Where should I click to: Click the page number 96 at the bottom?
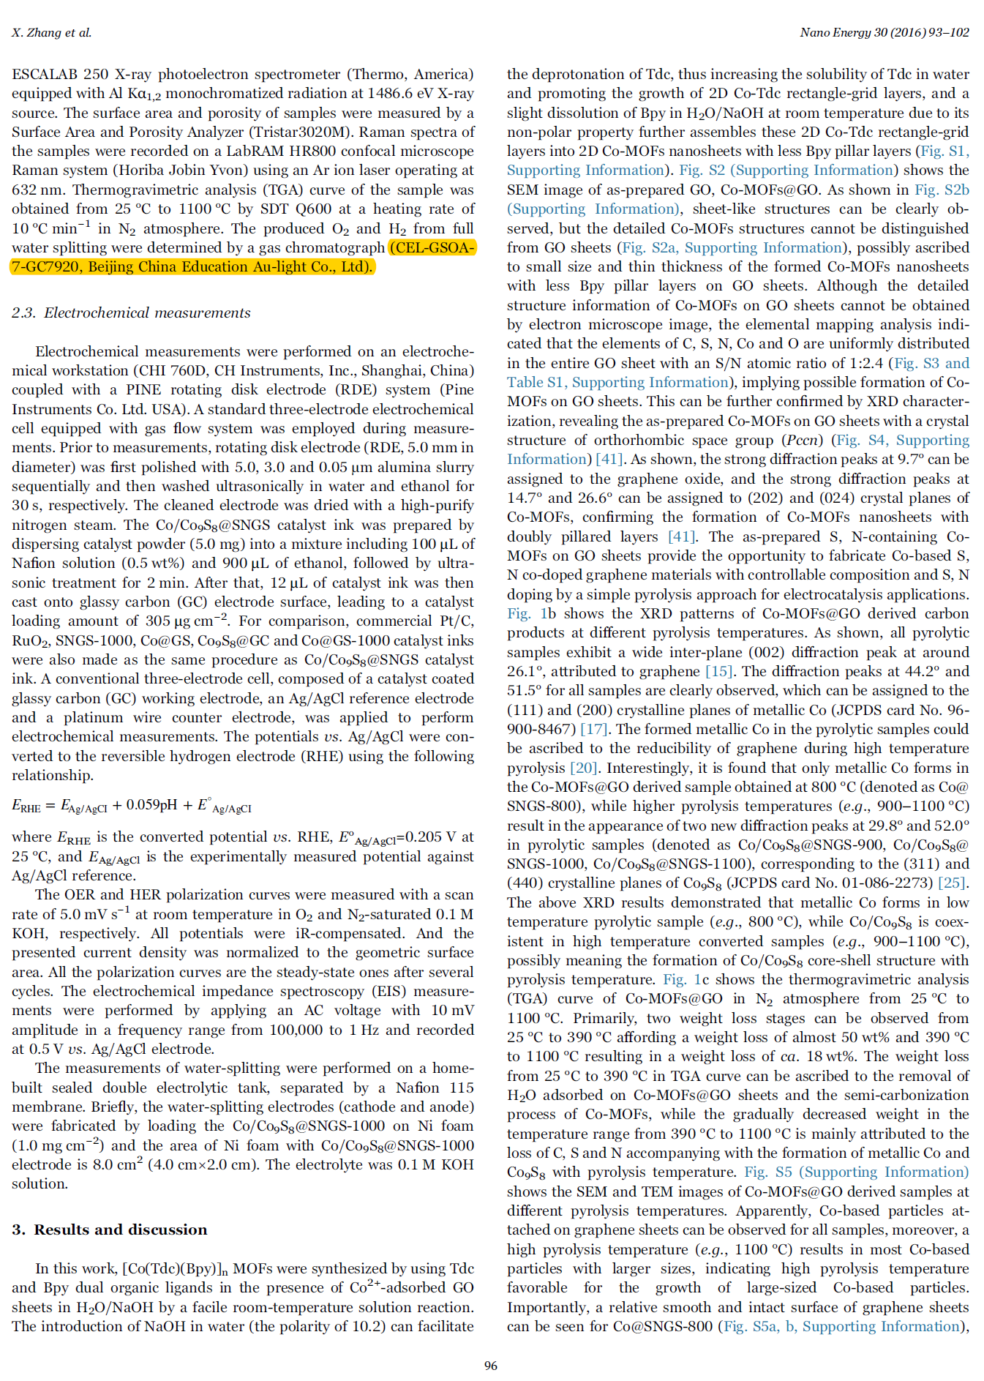click(491, 1366)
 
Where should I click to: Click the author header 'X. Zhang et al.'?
click(51, 32)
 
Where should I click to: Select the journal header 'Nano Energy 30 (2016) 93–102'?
click(884, 32)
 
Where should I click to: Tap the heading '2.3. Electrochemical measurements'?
click(131, 313)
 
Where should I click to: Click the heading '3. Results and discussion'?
click(110, 1230)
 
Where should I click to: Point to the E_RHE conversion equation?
click(132, 806)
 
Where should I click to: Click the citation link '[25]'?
click(953, 883)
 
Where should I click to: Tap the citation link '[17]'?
click(593, 730)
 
